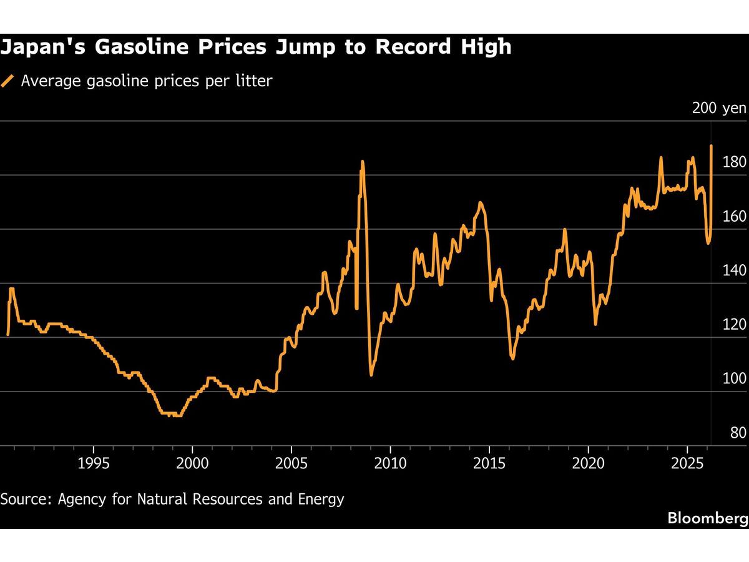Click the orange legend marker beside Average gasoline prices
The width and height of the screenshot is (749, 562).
[7, 81]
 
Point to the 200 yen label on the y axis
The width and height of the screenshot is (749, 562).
[719, 108]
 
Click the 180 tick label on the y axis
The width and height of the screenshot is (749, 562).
[734, 162]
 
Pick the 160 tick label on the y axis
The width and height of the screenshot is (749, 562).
[734, 217]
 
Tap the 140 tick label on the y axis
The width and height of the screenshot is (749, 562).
[734, 270]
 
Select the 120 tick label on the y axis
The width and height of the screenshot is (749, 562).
[734, 325]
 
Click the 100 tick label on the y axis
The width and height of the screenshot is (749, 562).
[734, 378]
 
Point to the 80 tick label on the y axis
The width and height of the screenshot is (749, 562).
[737, 433]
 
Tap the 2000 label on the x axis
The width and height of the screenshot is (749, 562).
[192, 463]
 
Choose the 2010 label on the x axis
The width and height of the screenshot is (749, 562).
[390, 463]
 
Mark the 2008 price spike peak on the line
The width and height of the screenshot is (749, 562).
[363, 162]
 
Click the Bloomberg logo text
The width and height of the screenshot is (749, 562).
[707, 518]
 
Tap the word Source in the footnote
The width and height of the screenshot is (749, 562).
[26, 499]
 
